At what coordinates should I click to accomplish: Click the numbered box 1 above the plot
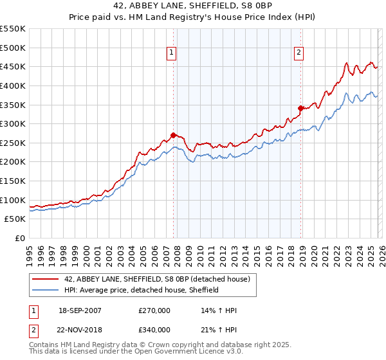(172, 53)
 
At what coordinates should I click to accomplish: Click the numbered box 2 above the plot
(300, 53)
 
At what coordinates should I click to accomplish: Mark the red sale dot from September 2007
(173, 135)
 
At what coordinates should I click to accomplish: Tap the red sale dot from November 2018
(300, 108)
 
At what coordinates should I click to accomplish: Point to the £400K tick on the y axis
(12, 85)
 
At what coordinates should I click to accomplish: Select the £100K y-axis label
(12, 200)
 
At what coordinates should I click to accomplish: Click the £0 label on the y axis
(19, 238)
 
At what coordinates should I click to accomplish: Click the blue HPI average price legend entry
(142, 290)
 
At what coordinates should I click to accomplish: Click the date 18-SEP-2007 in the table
(80, 310)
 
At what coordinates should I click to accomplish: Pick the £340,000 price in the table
(154, 330)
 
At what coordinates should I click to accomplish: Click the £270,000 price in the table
(154, 310)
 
